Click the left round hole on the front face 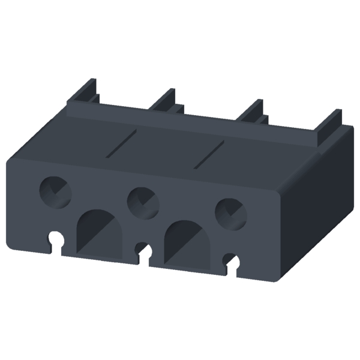55,191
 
